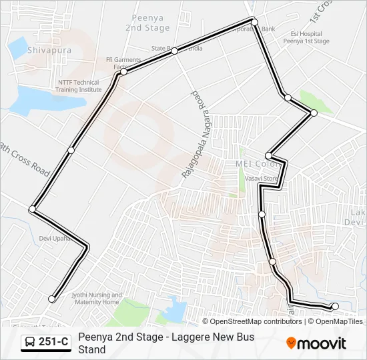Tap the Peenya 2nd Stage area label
(x=147, y=23)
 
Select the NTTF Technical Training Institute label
(x=78, y=86)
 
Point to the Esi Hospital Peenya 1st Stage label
(x=306, y=37)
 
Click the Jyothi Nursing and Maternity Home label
(x=97, y=299)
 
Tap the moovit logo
(x=316, y=343)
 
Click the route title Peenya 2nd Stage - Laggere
(x=166, y=337)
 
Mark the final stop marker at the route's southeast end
(x=335, y=307)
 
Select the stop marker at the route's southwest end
(x=52, y=299)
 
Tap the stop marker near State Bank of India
(x=174, y=51)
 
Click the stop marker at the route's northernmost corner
(x=254, y=21)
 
